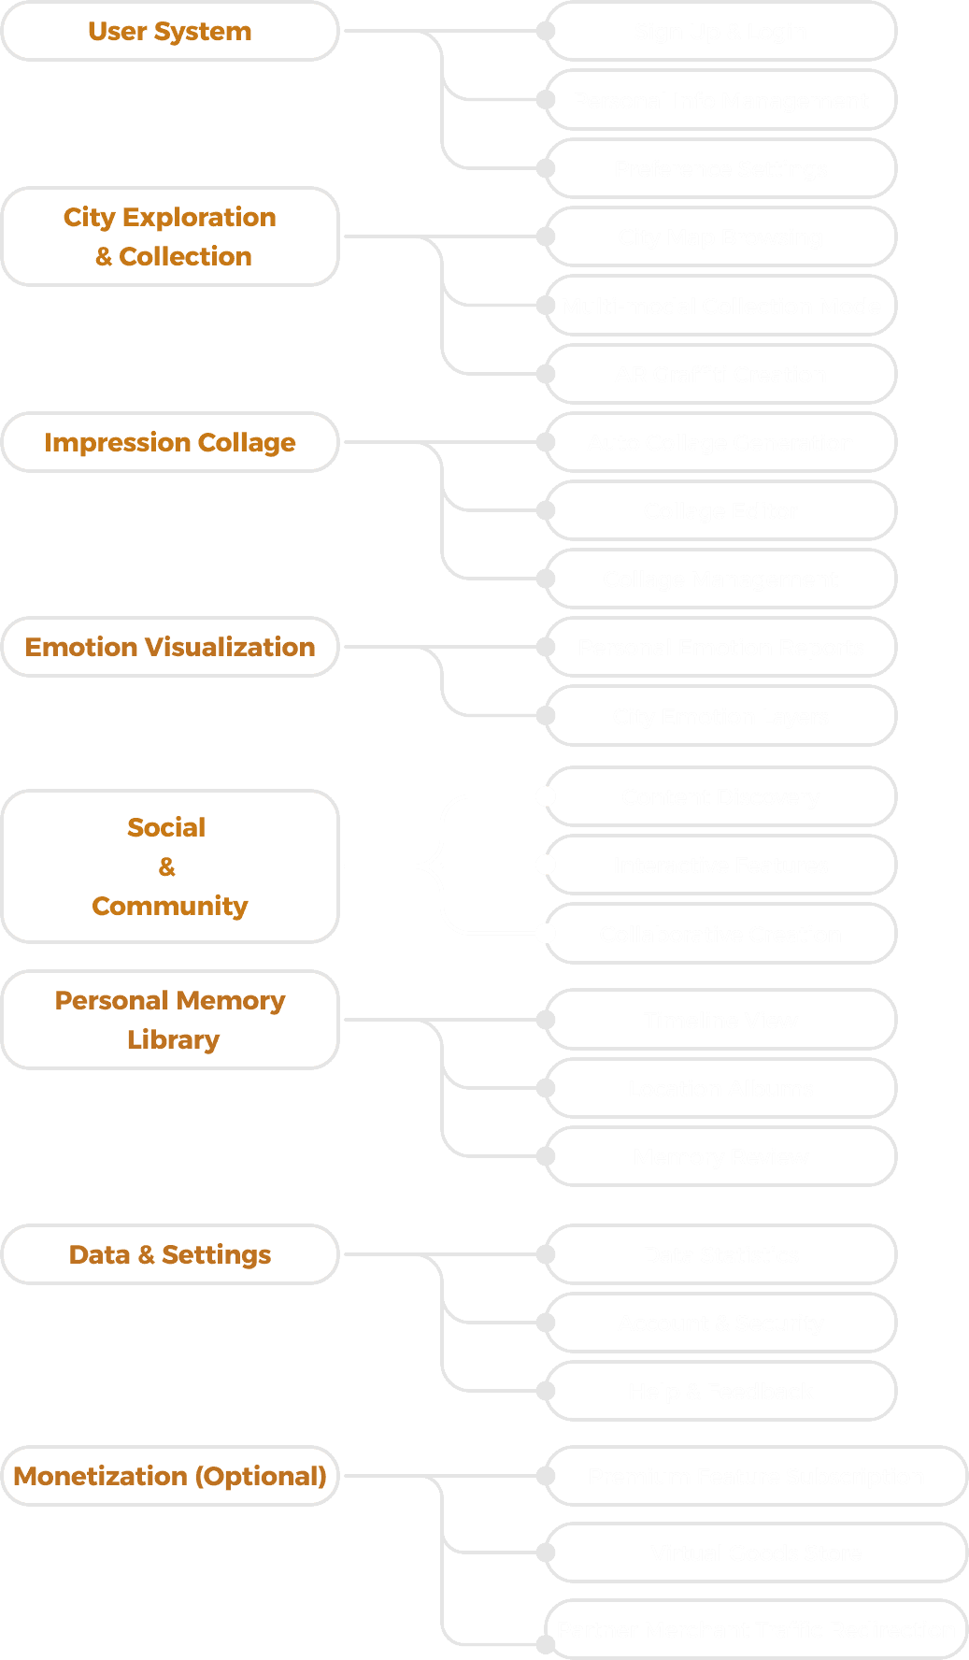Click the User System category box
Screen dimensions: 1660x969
pos(170,32)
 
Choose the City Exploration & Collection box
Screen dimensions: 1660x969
pos(170,236)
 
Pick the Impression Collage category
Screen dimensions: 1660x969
pos(170,442)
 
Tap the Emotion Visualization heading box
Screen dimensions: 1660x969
pos(170,647)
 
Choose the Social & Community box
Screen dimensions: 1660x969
pos(170,866)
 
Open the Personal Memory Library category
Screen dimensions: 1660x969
pos(170,1020)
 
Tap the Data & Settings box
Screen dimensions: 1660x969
pos(170,1254)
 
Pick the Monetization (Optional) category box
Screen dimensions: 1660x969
pos(170,1476)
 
